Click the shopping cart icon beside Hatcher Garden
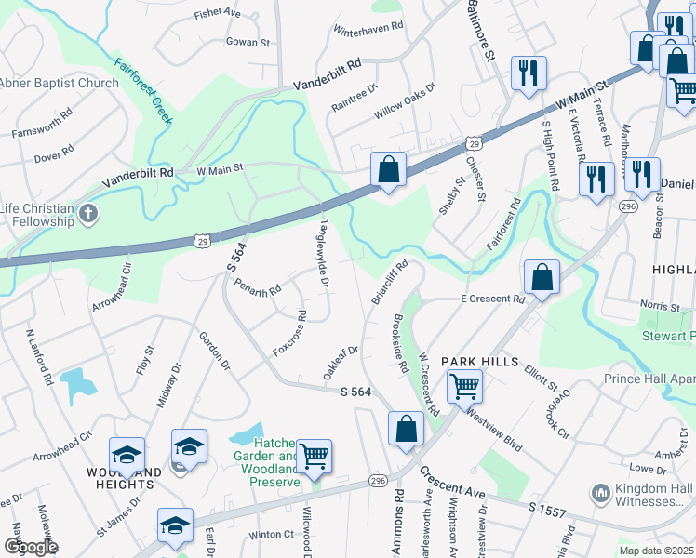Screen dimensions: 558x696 tap(315, 456)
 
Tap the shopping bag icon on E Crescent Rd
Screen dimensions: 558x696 tap(541, 276)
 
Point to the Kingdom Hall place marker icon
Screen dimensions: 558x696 tap(600, 491)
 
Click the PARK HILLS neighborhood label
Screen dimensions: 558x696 tap(478, 361)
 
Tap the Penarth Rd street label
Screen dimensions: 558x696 tap(258, 287)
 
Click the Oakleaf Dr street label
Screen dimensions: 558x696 tap(341, 359)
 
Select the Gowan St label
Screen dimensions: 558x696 tap(248, 43)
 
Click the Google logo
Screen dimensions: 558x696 tap(31, 546)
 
